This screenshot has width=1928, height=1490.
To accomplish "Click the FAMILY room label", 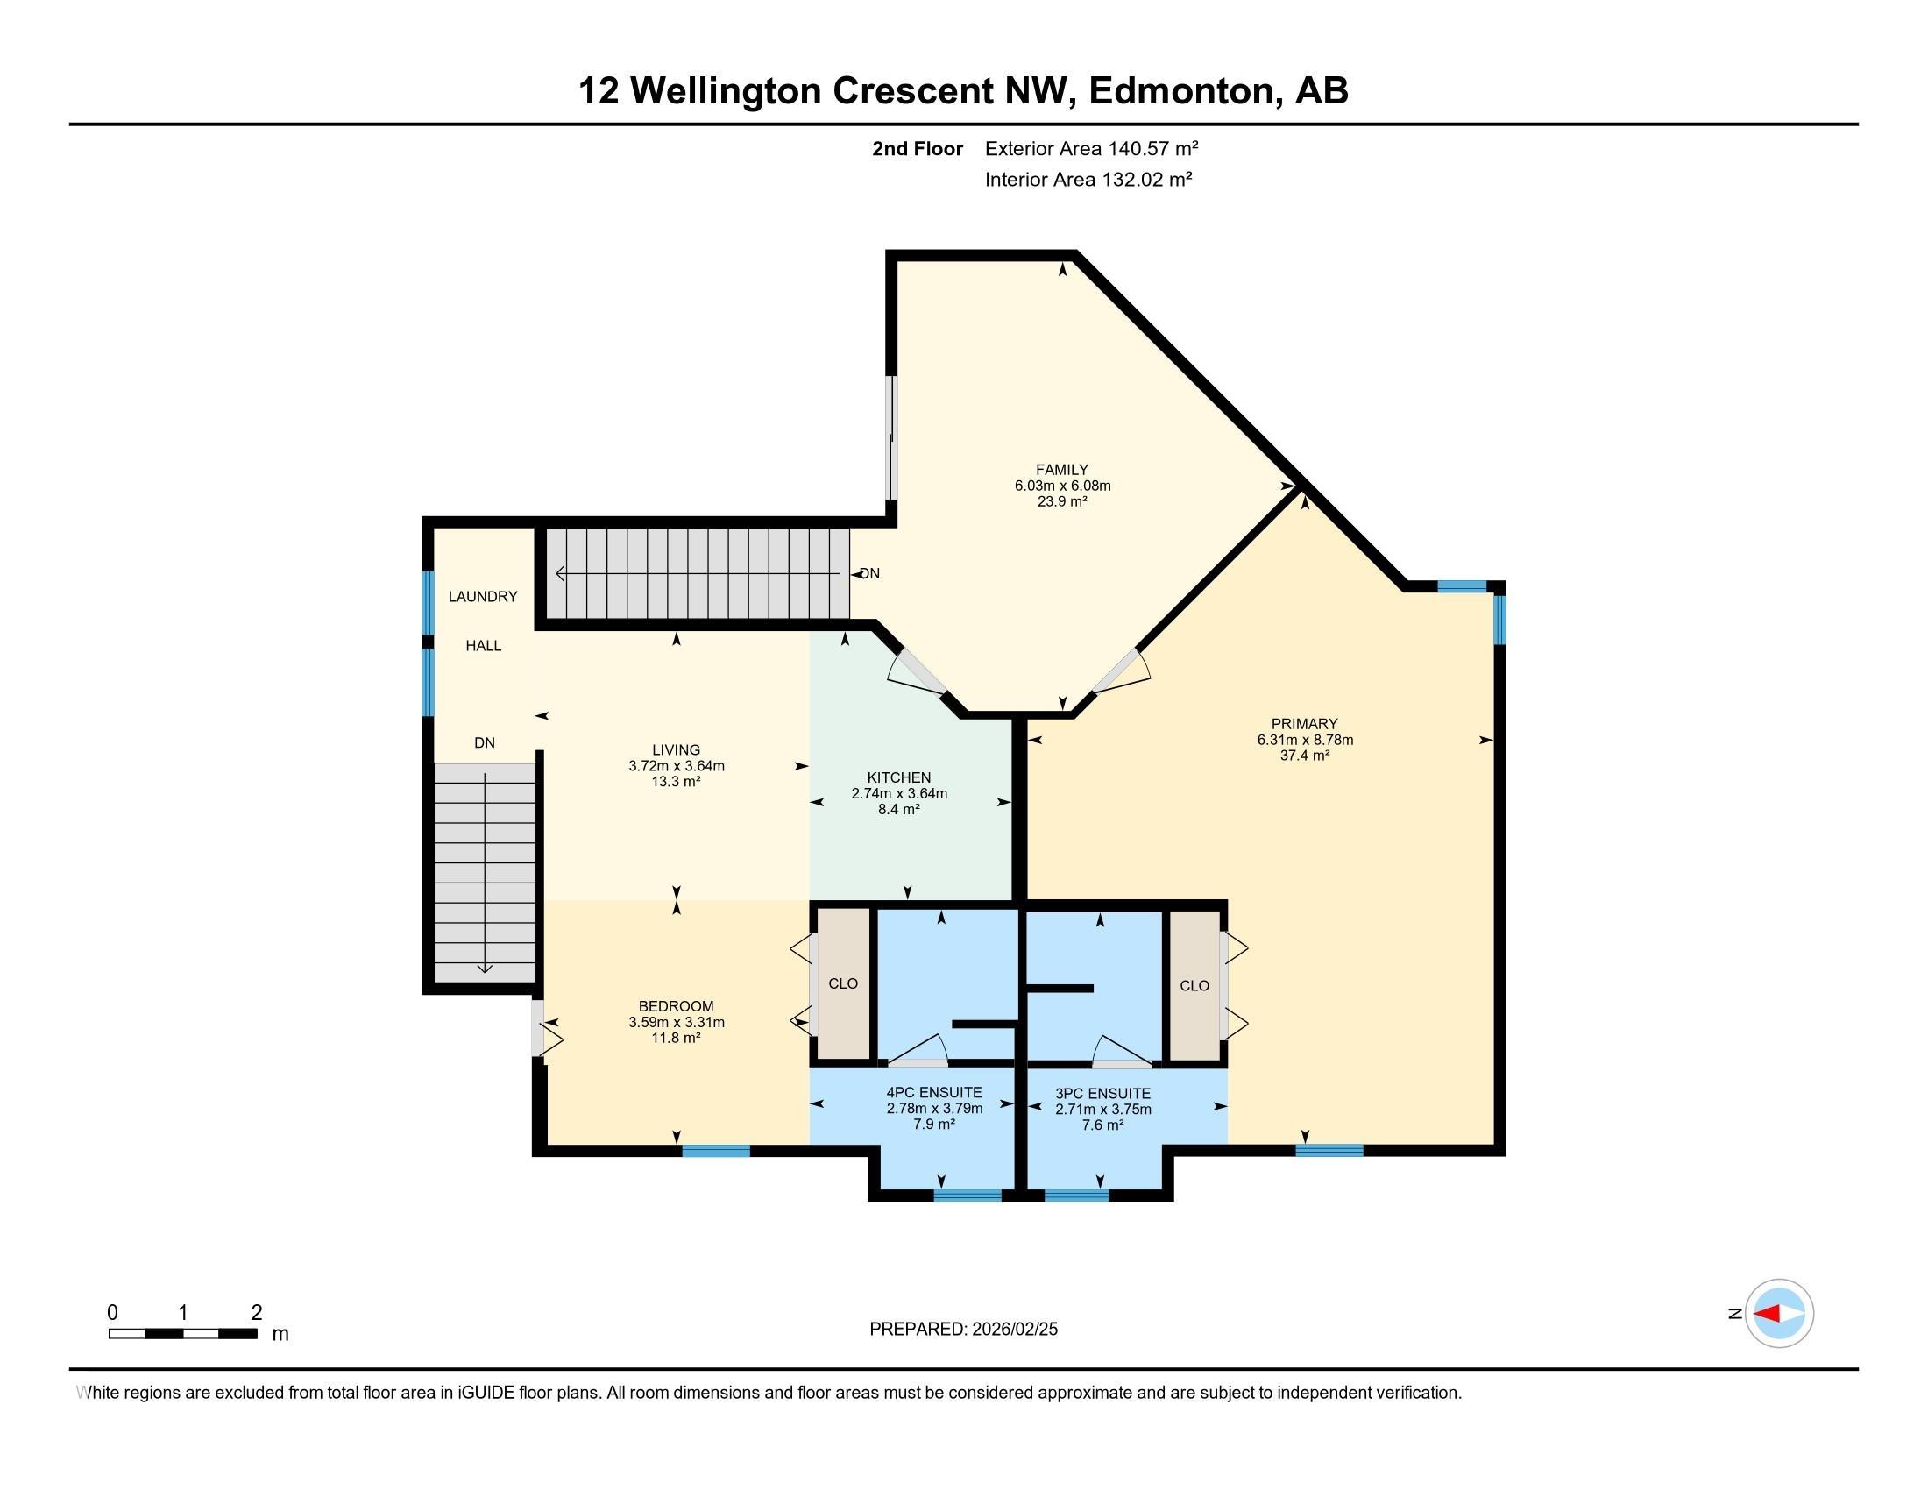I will coord(1062,470).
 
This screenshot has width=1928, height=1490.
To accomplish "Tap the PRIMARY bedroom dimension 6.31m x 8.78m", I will coord(1305,740).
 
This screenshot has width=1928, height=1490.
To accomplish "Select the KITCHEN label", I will coord(898,777).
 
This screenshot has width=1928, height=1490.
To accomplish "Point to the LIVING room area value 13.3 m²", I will coord(677,781).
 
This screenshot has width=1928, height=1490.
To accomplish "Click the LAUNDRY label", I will coord(483,597).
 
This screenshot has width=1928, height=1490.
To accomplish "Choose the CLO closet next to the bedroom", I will coord(843,983).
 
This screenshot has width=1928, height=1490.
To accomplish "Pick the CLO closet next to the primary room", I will coord(1194,985).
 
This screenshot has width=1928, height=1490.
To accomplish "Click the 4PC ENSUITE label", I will coord(934,1093).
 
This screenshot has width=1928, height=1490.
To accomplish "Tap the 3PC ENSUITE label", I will coord(1102,1094).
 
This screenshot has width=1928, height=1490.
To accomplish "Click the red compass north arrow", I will coord(1767,1315).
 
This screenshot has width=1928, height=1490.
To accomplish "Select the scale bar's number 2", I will coord(257,1313).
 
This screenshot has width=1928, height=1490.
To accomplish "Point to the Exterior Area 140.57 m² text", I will coord(1091,148).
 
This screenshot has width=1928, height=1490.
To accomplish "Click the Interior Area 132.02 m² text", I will coord(1088,180).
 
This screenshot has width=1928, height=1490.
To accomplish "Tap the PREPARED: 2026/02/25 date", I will coord(963,1330).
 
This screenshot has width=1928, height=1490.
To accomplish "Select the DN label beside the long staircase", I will coord(869,574).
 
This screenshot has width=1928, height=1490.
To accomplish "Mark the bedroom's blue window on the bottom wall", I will coord(716,1150).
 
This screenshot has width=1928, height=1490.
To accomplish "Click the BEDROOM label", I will coord(677,1006).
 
